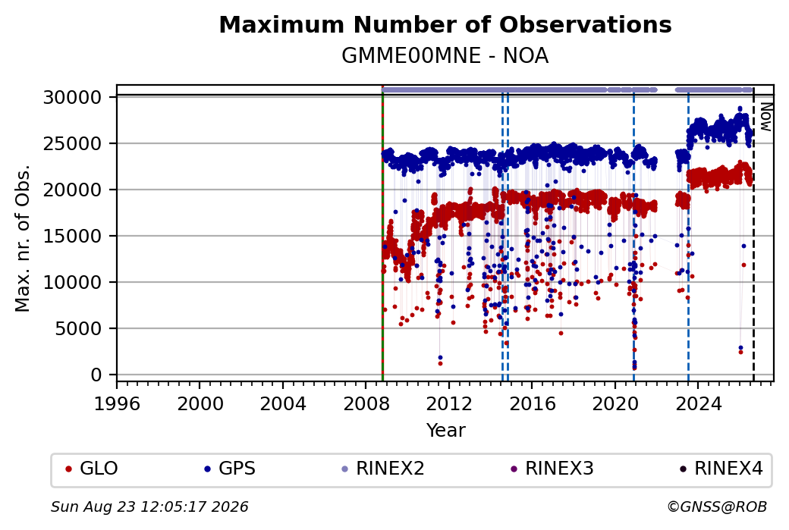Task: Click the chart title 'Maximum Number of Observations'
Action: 445,24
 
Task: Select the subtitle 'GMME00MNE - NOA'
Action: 445,56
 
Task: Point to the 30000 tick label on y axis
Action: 73,97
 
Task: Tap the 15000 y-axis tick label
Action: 73,236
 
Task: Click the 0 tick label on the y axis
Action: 96,375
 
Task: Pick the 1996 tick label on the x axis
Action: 117,403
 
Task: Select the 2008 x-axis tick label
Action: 366,403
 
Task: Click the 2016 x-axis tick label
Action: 533,403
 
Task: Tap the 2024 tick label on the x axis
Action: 699,403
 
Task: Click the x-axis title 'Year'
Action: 446,431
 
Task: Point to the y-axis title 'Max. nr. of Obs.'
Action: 23,238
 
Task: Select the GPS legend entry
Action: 230,469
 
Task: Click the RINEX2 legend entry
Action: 383,469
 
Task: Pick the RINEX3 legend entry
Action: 552,469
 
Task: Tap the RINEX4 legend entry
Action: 721,469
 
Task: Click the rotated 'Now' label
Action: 765,117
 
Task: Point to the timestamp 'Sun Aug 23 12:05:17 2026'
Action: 149,506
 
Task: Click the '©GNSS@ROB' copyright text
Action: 717,506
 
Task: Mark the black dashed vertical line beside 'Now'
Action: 753,234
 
